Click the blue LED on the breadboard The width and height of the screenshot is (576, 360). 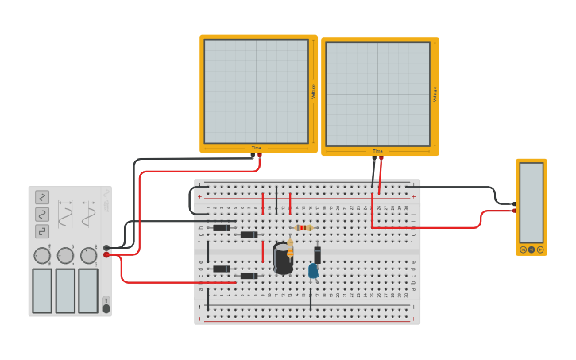[x=313, y=271]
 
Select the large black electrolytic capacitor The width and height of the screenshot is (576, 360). [x=282, y=259]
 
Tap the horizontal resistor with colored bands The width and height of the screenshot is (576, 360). [x=303, y=228]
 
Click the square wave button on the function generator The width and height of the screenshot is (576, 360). [x=42, y=231]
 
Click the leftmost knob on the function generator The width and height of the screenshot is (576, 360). [x=42, y=255]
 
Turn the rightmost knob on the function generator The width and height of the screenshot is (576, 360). [x=88, y=255]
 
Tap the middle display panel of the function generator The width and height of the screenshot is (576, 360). [x=65, y=290]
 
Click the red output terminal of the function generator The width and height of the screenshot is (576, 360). [x=106, y=255]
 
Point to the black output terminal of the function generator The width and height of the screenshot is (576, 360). [x=106, y=247]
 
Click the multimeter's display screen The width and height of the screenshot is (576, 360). [x=532, y=203]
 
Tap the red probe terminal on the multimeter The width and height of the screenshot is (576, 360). [x=540, y=250]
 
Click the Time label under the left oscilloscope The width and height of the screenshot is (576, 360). [x=257, y=148]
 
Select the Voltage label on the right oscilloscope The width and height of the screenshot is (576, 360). [x=435, y=94]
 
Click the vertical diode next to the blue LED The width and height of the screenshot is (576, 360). [x=317, y=254]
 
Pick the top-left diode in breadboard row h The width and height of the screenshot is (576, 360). [x=222, y=228]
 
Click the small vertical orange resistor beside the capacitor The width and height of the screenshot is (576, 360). [x=290, y=249]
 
